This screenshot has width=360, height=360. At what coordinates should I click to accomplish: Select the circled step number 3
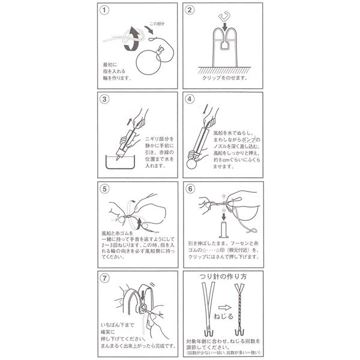click(x=105, y=100)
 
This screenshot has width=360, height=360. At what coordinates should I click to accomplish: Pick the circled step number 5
click(x=106, y=188)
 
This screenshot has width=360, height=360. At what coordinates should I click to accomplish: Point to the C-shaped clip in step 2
click(x=226, y=16)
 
